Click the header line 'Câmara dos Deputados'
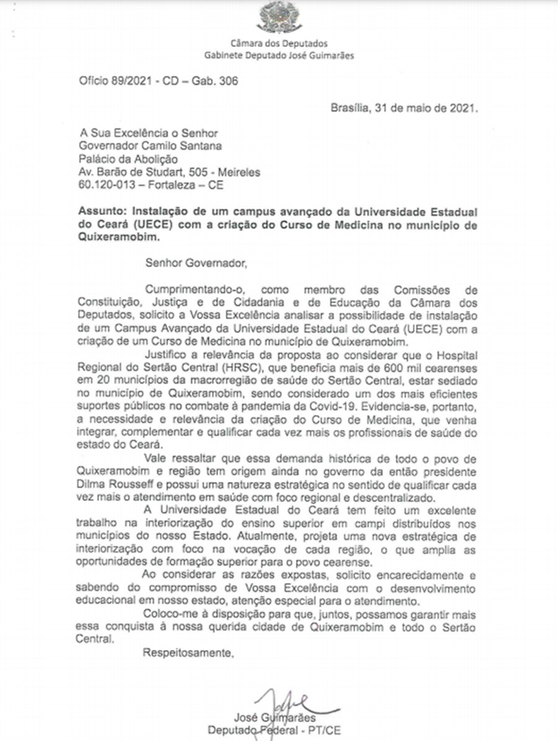coord(278,43)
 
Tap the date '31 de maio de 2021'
coord(422,107)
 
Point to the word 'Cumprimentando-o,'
coord(184,290)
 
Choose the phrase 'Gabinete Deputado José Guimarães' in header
coord(278,55)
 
